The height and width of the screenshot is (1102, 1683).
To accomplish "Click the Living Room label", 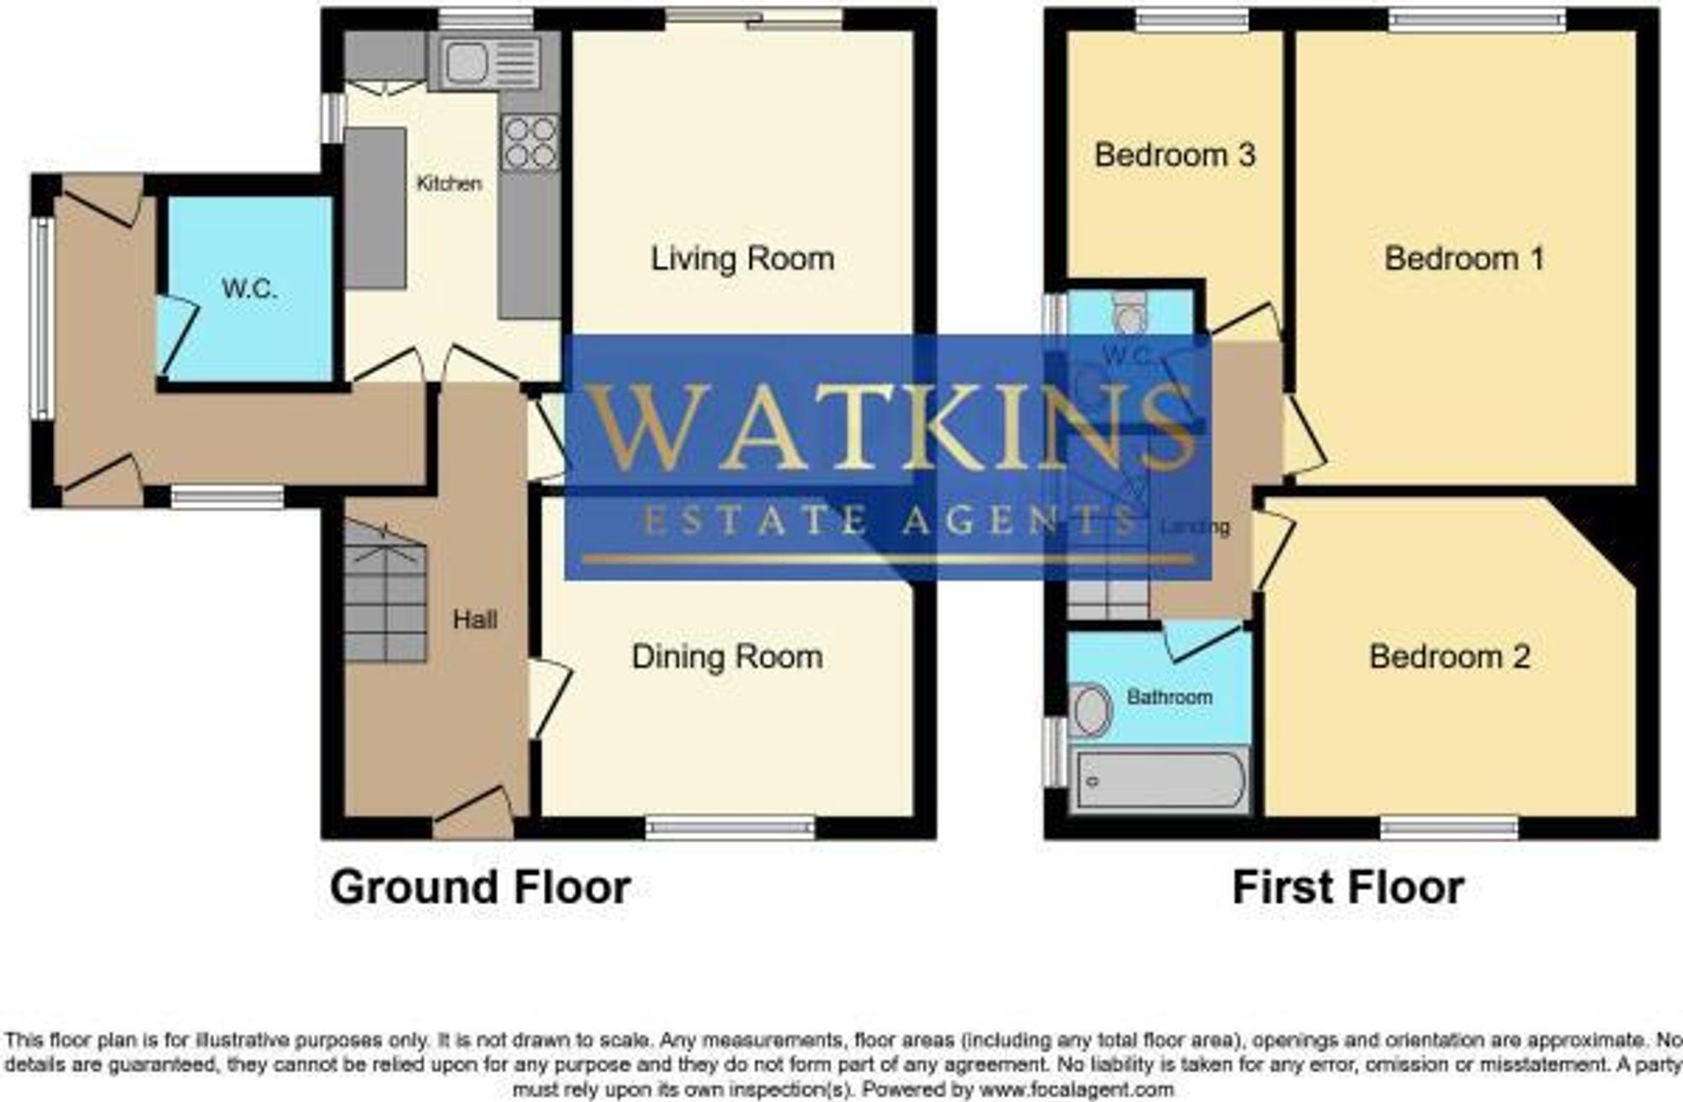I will (x=742, y=258).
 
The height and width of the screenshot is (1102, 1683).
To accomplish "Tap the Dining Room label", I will (x=727, y=657).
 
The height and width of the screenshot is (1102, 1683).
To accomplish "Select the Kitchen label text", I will (x=449, y=183).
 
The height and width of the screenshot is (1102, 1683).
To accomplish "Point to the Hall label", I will (x=475, y=620).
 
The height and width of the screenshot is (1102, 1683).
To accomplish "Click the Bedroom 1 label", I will (x=1464, y=258).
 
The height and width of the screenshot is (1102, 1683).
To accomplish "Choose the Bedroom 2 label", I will (x=1449, y=657).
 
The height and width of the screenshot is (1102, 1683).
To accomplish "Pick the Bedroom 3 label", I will (x=1175, y=155).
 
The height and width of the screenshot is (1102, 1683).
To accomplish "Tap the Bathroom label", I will (x=1170, y=697).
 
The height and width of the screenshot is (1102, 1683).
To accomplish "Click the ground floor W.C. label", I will (x=250, y=289).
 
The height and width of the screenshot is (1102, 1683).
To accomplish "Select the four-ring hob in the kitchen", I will (x=530, y=143).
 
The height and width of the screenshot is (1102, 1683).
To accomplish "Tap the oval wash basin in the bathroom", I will (x=1091, y=709).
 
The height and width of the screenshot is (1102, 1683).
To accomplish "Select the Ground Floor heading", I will (x=480, y=888).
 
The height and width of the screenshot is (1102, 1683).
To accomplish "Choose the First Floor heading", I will (x=1348, y=888).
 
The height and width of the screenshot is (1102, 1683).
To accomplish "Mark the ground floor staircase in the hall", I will (x=385, y=593).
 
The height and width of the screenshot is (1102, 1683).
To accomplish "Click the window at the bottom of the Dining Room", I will (x=730, y=829).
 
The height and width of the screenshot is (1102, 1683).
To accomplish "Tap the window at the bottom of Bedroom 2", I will (x=1449, y=829).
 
